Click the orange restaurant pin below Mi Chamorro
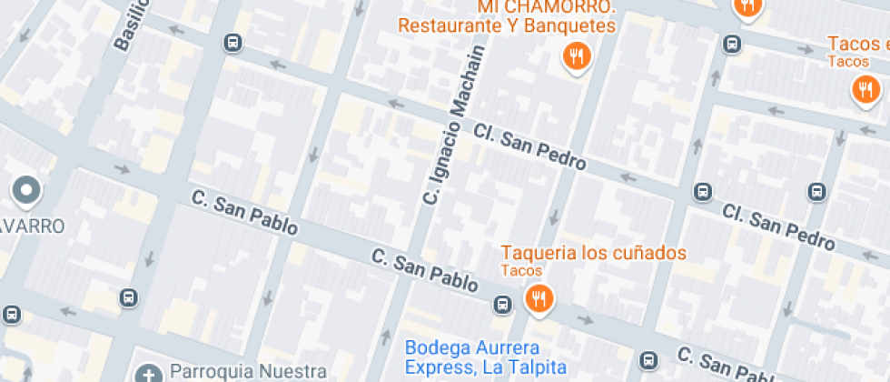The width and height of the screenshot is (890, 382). (x=576, y=58)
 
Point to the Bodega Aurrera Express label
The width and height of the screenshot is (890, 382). (x=485, y=357)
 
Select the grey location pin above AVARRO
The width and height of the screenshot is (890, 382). (x=26, y=190)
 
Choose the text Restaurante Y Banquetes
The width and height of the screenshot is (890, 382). (x=507, y=25)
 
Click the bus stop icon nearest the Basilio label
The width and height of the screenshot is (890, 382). (x=233, y=43)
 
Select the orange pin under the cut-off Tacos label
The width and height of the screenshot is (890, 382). (x=864, y=89)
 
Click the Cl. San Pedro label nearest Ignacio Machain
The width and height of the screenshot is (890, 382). (x=529, y=147)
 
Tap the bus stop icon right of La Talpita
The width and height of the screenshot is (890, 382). (x=648, y=359)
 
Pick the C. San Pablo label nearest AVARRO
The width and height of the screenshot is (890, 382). (x=243, y=213)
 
